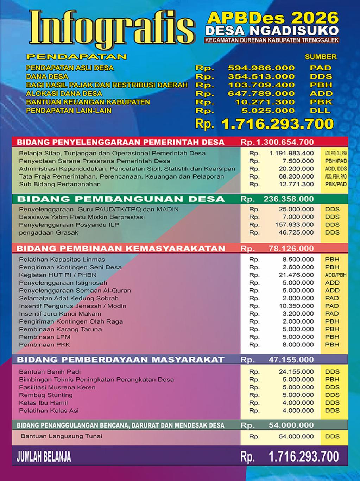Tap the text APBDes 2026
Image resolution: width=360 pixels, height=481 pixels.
pos(273,18)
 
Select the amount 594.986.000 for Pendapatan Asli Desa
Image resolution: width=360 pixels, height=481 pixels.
pos(261,68)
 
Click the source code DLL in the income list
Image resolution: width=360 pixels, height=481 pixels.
pos(320,111)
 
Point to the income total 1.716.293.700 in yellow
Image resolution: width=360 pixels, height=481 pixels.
pos(277,124)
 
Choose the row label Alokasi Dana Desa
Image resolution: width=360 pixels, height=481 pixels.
pos(64,94)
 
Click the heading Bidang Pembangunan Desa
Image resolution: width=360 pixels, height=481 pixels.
pos(121,199)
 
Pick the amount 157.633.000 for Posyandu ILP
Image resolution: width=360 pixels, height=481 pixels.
pos(294,225)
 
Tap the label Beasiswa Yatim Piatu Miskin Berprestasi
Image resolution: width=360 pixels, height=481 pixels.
pos(82,217)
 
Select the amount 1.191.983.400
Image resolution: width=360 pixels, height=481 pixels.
pos(291,153)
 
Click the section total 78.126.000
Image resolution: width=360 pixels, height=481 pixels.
pos(291,249)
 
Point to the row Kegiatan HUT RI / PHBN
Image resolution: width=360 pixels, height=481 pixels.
pos(58,275)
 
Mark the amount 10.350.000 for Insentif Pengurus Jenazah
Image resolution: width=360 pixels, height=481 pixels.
pos(296,306)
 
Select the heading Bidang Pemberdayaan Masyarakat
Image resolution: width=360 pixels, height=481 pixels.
pos(121,360)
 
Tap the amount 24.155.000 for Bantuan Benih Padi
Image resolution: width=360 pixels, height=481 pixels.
pos(296,372)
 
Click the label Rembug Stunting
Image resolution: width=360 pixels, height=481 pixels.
pos(46,395)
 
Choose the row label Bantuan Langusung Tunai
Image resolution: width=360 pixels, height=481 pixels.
pos(62,436)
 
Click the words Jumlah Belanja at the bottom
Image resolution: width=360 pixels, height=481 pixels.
pos(44,457)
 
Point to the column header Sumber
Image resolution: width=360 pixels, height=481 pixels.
pos(321,57)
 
